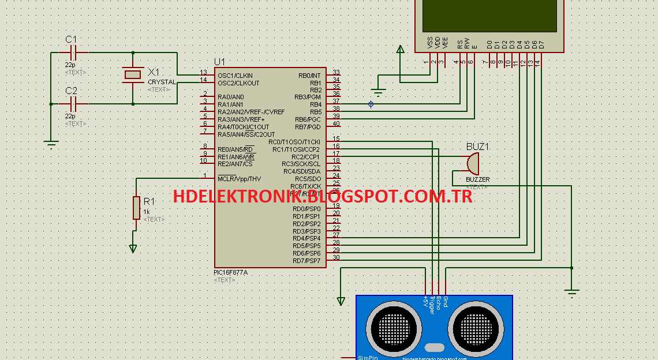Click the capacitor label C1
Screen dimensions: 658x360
[71, 39]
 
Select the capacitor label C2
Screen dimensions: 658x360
[71, 91]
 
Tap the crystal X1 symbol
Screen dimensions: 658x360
[133, 74]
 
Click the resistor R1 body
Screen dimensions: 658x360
[136, 208]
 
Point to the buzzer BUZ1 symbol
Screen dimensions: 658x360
[472, 163]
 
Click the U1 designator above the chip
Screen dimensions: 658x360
[219, 62]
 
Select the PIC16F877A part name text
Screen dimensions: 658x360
[230, 272]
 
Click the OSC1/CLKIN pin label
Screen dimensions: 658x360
[235, 76]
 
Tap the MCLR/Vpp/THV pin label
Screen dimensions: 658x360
[239, 179]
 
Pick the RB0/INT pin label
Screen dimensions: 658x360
[309, 76]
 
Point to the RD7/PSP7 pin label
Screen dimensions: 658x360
[306, 261]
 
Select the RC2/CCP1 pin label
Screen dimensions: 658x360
[305, 157]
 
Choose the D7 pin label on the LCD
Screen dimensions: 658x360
[541, 44]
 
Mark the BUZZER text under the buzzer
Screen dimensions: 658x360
[477, 179]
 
